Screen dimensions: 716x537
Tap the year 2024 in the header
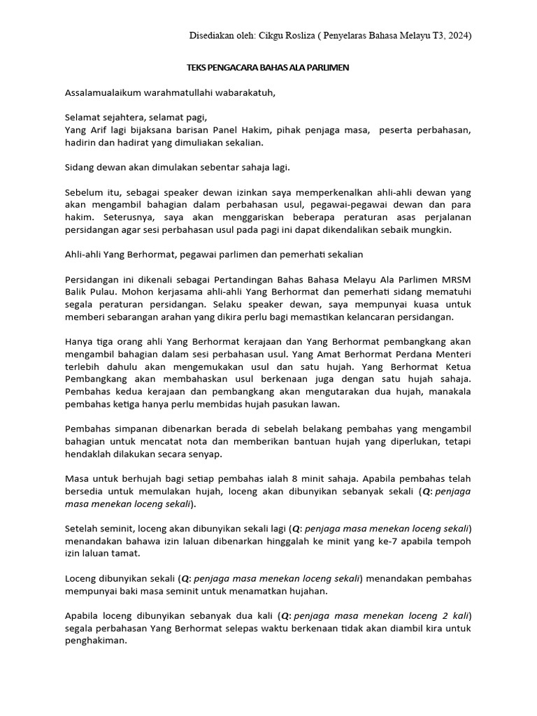457,36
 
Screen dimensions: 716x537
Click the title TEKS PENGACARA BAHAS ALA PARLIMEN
268,68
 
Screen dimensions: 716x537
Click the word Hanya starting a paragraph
79,343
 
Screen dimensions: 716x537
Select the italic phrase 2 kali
454,616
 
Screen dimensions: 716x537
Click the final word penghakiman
96,640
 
